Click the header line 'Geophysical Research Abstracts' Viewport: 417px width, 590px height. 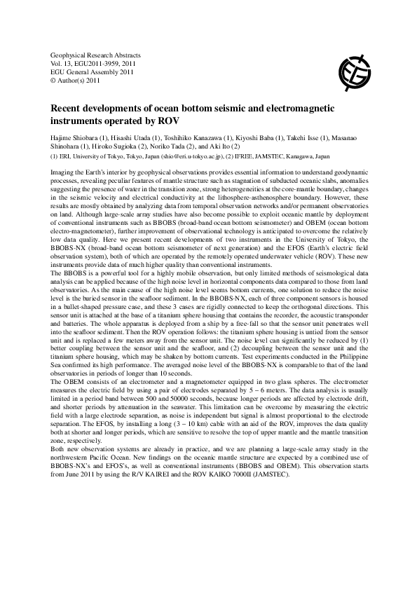tap(96, 55)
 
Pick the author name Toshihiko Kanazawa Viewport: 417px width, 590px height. tap(184, 132)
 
